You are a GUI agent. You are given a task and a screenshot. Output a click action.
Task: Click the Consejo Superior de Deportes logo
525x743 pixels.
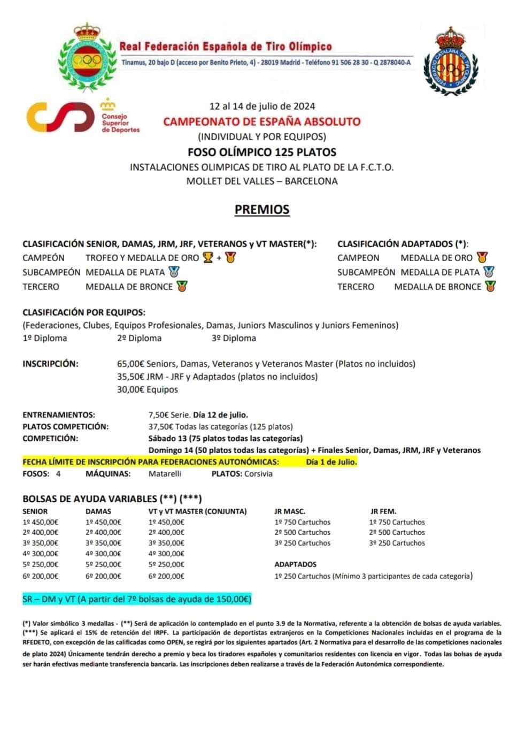(83, 116)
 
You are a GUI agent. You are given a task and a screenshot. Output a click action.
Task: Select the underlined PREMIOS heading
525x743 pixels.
(262, 209)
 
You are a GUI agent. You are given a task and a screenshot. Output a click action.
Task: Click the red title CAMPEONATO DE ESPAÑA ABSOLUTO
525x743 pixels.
(262, 121)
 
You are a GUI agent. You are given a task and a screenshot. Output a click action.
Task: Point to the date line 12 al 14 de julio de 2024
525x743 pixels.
(262, 105)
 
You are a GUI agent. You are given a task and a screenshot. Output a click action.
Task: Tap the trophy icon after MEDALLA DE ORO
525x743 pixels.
(208, 258)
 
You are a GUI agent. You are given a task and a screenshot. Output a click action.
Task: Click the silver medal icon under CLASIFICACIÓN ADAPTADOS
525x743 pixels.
(489, 272)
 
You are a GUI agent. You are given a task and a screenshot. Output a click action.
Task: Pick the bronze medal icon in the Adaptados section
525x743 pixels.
(490, 286)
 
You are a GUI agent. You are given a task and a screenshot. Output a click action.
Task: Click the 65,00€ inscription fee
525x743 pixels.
(132, 364)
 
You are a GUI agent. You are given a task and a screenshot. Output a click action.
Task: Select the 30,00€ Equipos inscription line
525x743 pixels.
(148, 389)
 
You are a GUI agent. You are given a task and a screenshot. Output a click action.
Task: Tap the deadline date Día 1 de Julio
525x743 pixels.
(331, 462)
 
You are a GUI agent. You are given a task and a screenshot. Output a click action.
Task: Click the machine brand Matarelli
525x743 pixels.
(165, 473)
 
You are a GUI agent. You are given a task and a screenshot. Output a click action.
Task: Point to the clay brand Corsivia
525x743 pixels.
(258, 473)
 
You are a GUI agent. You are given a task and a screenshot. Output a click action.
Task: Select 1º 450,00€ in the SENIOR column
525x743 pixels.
(41, 522)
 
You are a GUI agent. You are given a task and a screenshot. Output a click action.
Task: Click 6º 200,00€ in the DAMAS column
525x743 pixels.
(103, 576)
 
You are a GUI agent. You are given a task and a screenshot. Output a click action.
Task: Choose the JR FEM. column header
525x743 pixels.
(383, 511)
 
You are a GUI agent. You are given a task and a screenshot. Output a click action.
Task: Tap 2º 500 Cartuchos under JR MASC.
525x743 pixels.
(303, 532)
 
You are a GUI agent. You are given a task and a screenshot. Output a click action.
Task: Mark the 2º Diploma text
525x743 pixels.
(139, 338)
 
